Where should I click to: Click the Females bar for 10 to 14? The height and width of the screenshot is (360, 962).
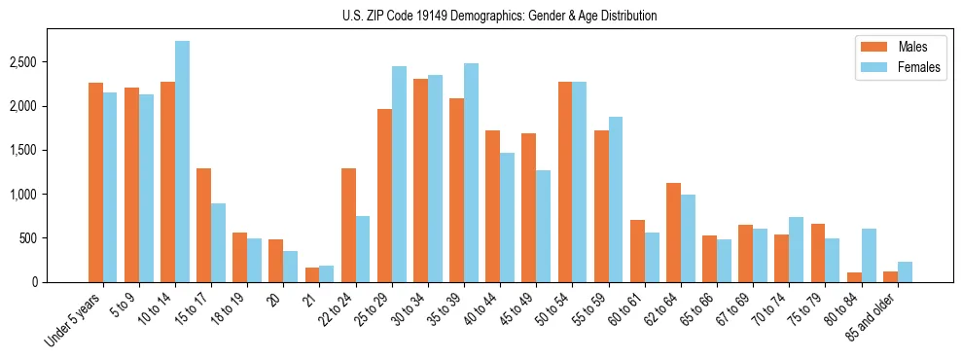(x=182, y=162)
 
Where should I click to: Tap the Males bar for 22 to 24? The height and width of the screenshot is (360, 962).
(x=348, y=226)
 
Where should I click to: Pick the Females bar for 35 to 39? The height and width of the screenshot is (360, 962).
(x=471, y=173)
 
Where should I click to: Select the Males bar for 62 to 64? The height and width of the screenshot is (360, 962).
(x=673, y=233)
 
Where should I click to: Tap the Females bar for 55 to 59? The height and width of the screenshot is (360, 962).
(x=615, y=199)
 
